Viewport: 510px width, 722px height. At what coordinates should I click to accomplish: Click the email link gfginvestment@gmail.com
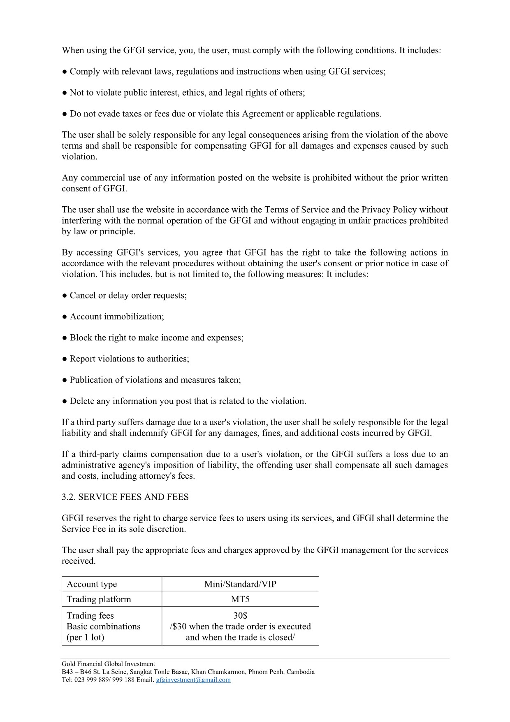(193, 680)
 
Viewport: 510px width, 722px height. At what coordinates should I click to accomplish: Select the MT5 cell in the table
(240, 599)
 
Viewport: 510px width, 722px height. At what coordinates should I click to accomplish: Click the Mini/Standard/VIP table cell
(240, 584)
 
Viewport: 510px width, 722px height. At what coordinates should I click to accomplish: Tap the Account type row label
(92, 584)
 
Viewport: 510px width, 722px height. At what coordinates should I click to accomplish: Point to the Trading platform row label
(99, 599)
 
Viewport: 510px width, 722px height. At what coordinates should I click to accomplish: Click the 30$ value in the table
(240, 615)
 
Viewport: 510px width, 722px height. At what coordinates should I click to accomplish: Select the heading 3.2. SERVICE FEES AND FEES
(125, 497)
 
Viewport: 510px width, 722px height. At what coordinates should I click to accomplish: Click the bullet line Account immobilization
(117, 316)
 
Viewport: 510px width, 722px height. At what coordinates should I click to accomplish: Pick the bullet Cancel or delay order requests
(128, 295)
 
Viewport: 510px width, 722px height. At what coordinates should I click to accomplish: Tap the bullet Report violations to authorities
(129, 359)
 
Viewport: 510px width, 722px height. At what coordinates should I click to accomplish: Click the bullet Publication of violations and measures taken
(155, 380)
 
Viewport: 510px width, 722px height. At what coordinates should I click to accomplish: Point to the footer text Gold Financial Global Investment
(108, 664)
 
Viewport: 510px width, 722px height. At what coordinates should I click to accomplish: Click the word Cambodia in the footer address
(301, 672)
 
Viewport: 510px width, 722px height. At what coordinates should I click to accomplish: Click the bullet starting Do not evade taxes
(225, 114)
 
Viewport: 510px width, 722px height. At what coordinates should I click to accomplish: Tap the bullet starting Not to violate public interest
(187, 92)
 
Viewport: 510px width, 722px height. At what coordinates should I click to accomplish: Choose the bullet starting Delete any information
(188, 401)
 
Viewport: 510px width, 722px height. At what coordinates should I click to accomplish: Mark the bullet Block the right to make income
(156, 338)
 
